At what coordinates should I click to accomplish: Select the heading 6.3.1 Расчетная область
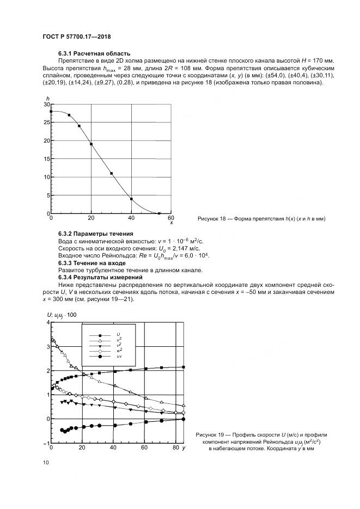point(94,53)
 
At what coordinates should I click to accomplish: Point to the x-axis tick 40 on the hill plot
point(131,218)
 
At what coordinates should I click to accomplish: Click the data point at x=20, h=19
point(91,144)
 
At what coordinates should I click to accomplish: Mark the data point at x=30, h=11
point(111,173)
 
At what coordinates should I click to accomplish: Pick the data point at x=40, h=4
point(131,199)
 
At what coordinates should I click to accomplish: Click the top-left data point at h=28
point(51,111)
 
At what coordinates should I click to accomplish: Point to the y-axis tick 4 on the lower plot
point(47,322)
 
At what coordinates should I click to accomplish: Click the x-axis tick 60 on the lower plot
point(145,448)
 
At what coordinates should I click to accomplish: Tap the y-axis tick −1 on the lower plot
point(46,443)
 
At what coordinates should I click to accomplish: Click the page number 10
point(45,462)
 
